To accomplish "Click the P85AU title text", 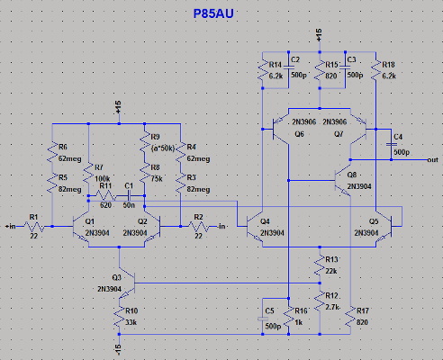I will (x=221, y=14).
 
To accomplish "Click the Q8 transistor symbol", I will (x=344, y=179).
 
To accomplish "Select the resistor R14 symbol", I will (x=260, y=72).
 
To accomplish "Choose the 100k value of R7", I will (x=103, y=179).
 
